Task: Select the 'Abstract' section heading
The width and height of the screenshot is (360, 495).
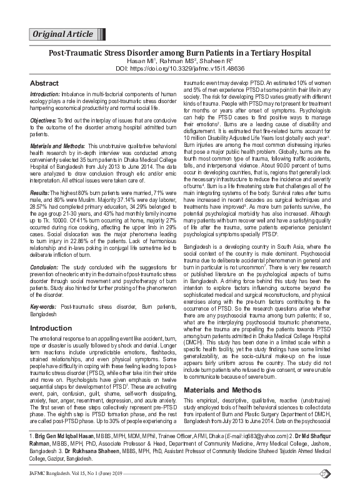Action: tap(45, 83)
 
